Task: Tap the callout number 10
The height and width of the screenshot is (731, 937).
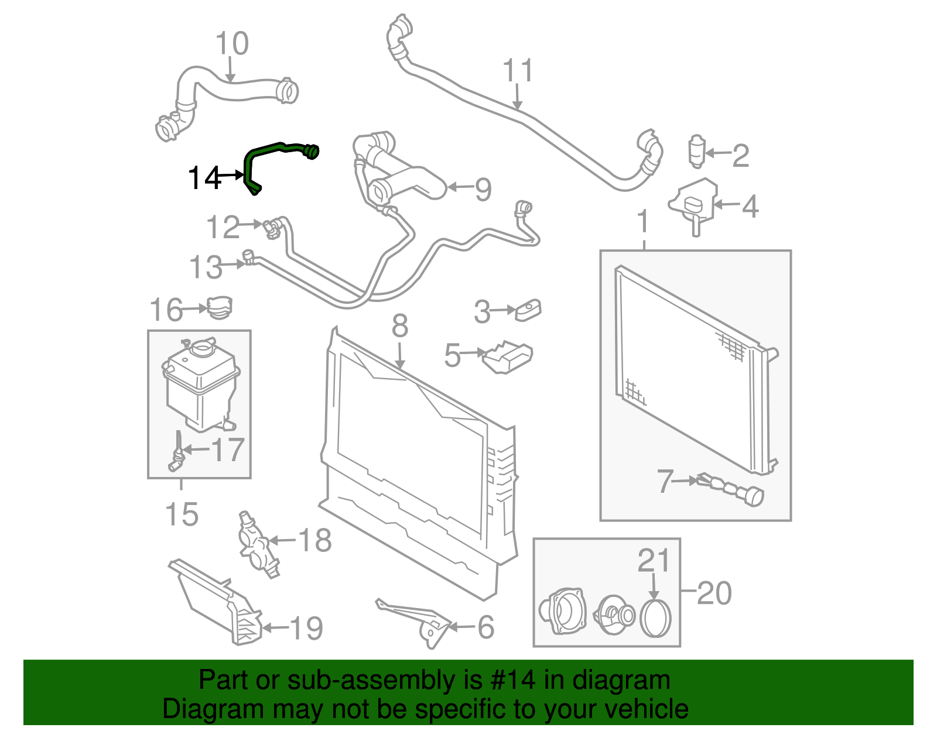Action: pos(232,44)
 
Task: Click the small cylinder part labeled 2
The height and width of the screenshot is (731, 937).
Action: pos(696,152)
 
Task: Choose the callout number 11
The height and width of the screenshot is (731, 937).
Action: pos(518,71)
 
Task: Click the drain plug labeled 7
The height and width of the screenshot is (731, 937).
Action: pos(732,488)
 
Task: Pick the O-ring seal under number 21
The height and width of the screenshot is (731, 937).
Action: pos(655,618)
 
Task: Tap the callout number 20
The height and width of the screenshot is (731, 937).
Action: pos(714,593)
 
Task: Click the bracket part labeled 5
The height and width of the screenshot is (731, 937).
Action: pos(507,357)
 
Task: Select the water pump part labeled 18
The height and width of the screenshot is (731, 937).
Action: pos(255,544)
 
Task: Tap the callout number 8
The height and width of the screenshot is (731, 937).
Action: pos(399,326)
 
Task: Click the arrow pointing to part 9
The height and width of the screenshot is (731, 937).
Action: pos(459,187)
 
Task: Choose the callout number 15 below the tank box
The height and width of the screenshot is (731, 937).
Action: pos(182,514)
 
